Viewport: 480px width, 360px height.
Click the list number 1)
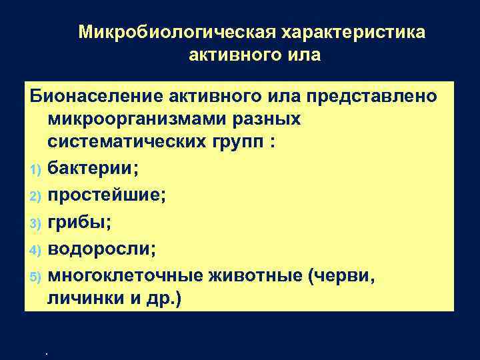coord(37,168)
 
